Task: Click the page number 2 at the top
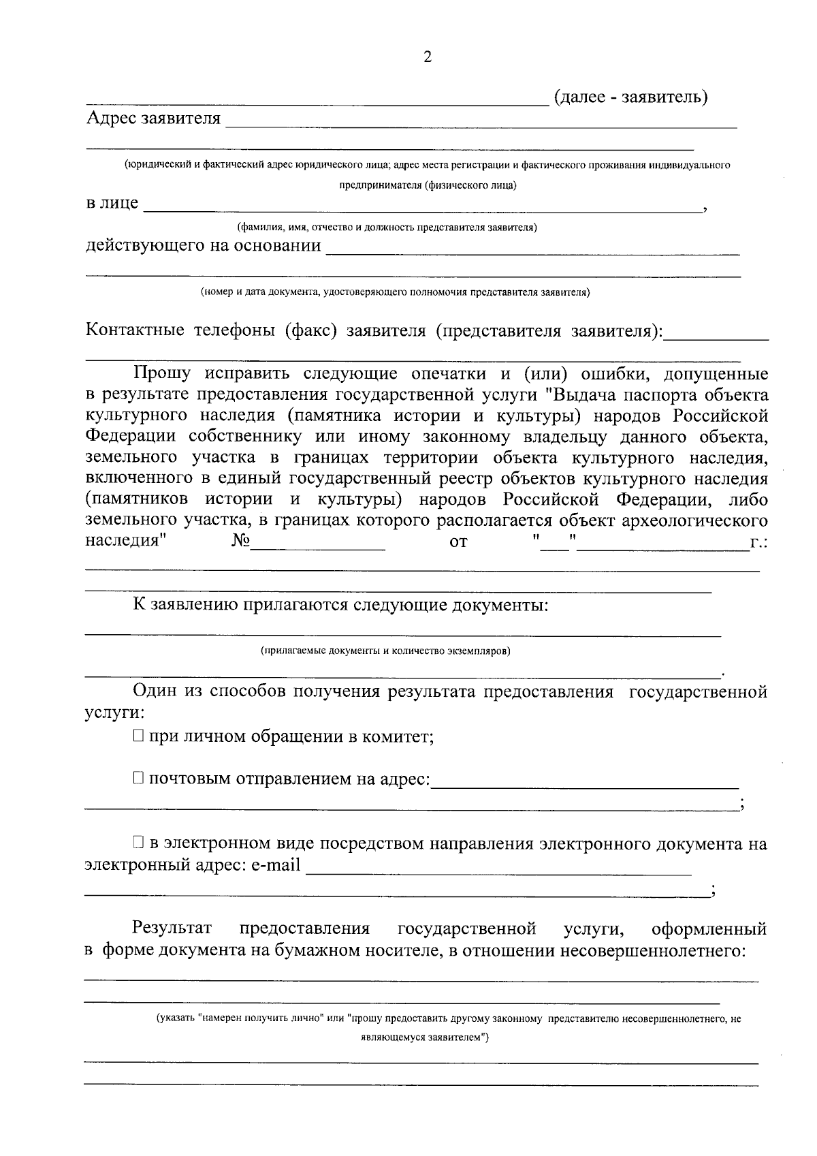coord(428,57)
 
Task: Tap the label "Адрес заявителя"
coord(153,119)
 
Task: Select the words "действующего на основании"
coord(203,245)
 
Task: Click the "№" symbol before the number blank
coord(241,542)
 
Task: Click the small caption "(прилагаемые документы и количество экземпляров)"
coord(385,651)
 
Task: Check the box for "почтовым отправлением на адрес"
coord(138,778)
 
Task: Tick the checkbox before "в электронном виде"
coord(138,843)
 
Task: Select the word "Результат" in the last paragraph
coord(172,928)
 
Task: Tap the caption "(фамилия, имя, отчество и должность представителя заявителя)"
coord(387,228)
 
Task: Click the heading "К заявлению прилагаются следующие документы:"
coord(340,605)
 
